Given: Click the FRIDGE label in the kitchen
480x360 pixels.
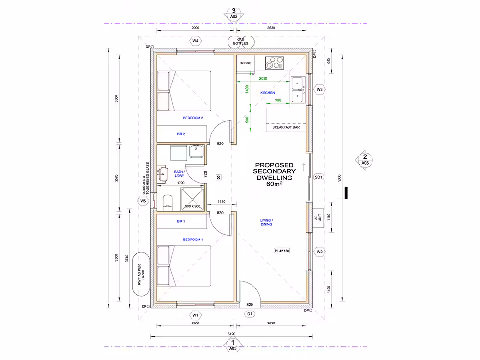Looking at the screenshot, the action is coord(245,63).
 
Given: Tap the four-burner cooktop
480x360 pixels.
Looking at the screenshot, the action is coord(274,63).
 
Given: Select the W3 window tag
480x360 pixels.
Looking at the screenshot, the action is coord(320,89).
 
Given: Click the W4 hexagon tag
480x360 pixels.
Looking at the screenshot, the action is coord(195,41).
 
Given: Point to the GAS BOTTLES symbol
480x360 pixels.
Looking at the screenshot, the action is coord(241,42).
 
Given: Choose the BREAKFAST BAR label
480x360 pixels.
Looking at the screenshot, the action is coord(286,127).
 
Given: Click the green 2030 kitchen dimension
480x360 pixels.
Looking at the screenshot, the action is coord(263,78).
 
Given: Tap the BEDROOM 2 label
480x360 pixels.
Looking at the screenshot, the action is coord(193,118).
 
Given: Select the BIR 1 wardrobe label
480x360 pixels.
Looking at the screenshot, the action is coord(181,221).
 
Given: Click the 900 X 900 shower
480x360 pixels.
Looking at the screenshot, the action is coord(192,199).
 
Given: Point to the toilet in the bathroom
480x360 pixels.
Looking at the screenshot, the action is coord(168,203).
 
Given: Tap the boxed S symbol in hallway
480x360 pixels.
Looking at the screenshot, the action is coord(218,177).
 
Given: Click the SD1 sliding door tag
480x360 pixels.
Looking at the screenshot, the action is coord(318,177).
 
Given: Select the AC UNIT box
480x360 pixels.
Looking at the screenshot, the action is coord(318,217).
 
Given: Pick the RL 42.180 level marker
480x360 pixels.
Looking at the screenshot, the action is coord(282,251).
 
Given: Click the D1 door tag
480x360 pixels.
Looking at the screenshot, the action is coord(250,314).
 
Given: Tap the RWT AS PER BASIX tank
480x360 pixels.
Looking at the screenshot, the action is coord(141,274).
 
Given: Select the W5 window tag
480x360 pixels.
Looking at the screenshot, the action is coord(143,201).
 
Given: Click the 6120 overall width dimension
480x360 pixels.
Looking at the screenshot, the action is coord(231,334).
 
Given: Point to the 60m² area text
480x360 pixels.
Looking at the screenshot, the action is coord(274,184).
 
